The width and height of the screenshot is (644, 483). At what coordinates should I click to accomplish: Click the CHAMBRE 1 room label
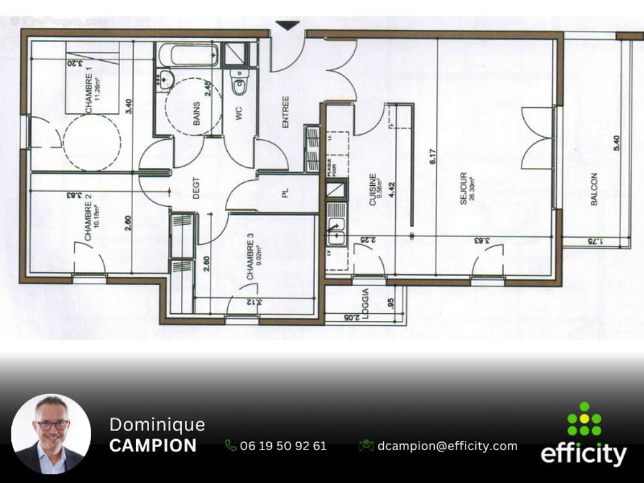coord(89,94)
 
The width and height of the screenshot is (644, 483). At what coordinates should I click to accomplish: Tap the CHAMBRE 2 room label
coord(89,217)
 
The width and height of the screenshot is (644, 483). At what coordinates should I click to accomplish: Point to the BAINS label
coord(196,114)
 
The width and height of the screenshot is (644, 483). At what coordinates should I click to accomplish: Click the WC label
coord(238,114)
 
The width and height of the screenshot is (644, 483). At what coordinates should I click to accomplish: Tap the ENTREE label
coord(285,112)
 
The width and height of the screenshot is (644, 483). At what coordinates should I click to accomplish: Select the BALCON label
coord(594,189)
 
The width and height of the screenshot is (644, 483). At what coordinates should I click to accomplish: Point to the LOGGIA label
coord(366,303)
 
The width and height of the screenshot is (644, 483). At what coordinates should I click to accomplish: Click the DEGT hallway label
coord(196,188)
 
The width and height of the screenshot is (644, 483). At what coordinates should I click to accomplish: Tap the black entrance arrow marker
coord(287,25)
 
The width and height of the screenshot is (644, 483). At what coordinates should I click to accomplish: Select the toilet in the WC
coord(240,82)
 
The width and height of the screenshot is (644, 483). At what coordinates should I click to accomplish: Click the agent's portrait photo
coord(51,434)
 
